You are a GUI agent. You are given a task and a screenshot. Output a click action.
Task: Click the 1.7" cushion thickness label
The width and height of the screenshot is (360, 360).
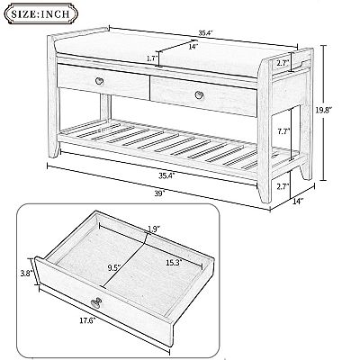tap(150, 59)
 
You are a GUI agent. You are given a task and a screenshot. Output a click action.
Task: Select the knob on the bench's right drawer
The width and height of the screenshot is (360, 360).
tap(195, 95)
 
